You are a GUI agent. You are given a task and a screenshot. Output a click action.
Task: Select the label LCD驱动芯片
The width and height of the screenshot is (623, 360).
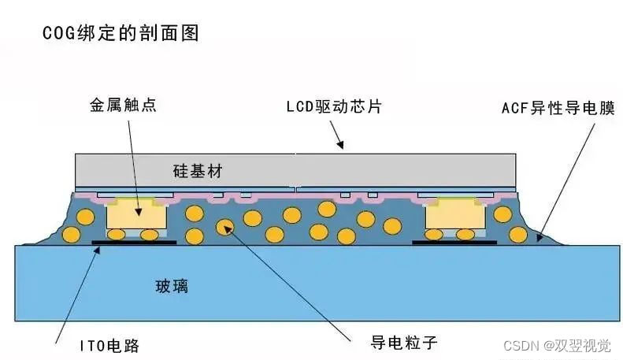[x=333, y=107]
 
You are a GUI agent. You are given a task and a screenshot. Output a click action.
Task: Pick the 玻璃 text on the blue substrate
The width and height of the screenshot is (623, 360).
[x=171, y=286]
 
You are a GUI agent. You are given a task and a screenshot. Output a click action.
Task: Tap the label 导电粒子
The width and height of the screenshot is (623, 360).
[x=402, y=342]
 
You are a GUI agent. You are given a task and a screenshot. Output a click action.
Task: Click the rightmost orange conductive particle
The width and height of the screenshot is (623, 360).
[x=517, y=234]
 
